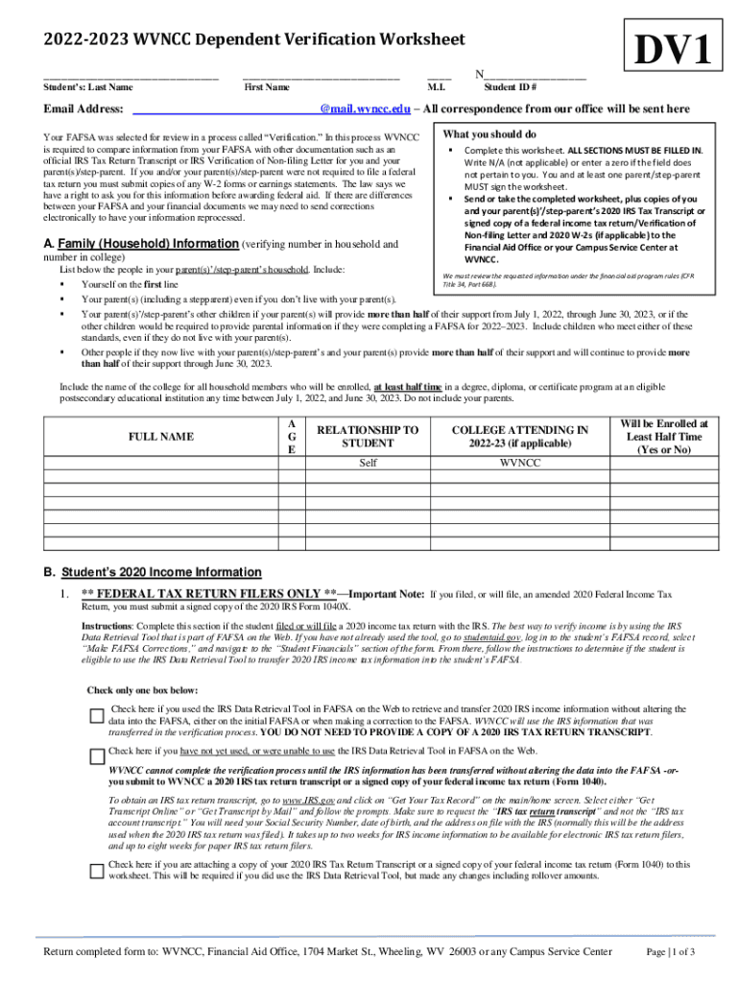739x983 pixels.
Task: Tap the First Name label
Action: coord(267,87)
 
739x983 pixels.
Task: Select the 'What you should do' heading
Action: coord(489,134)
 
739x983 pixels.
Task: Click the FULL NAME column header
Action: coord(160,437)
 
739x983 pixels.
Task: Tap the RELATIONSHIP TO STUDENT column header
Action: coord(368,437)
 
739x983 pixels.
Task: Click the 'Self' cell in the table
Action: coord(368,463)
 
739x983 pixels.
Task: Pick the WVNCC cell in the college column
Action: coord(520,463)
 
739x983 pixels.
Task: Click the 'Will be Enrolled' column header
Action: coord(664,436)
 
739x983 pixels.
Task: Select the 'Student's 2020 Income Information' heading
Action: coord(161,572)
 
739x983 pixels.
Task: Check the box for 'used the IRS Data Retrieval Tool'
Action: coord(96,715)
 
